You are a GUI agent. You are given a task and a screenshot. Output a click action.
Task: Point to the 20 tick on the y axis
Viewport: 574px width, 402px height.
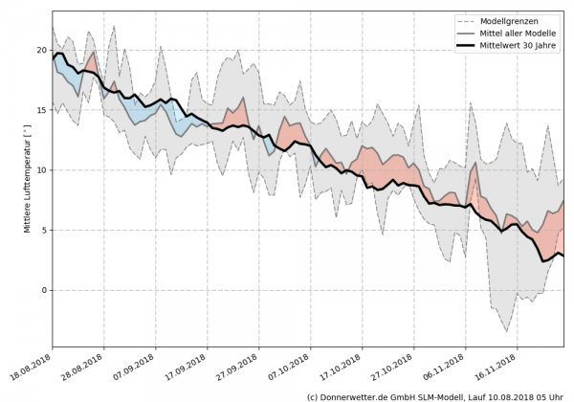40,50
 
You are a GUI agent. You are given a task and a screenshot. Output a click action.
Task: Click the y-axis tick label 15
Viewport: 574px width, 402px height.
40,110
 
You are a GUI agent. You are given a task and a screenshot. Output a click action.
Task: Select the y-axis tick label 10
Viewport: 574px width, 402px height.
40,170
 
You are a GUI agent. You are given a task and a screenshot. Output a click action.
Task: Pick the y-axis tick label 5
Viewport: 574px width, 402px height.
43,231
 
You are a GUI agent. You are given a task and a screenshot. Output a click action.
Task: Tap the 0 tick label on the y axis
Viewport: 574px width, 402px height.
43,290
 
